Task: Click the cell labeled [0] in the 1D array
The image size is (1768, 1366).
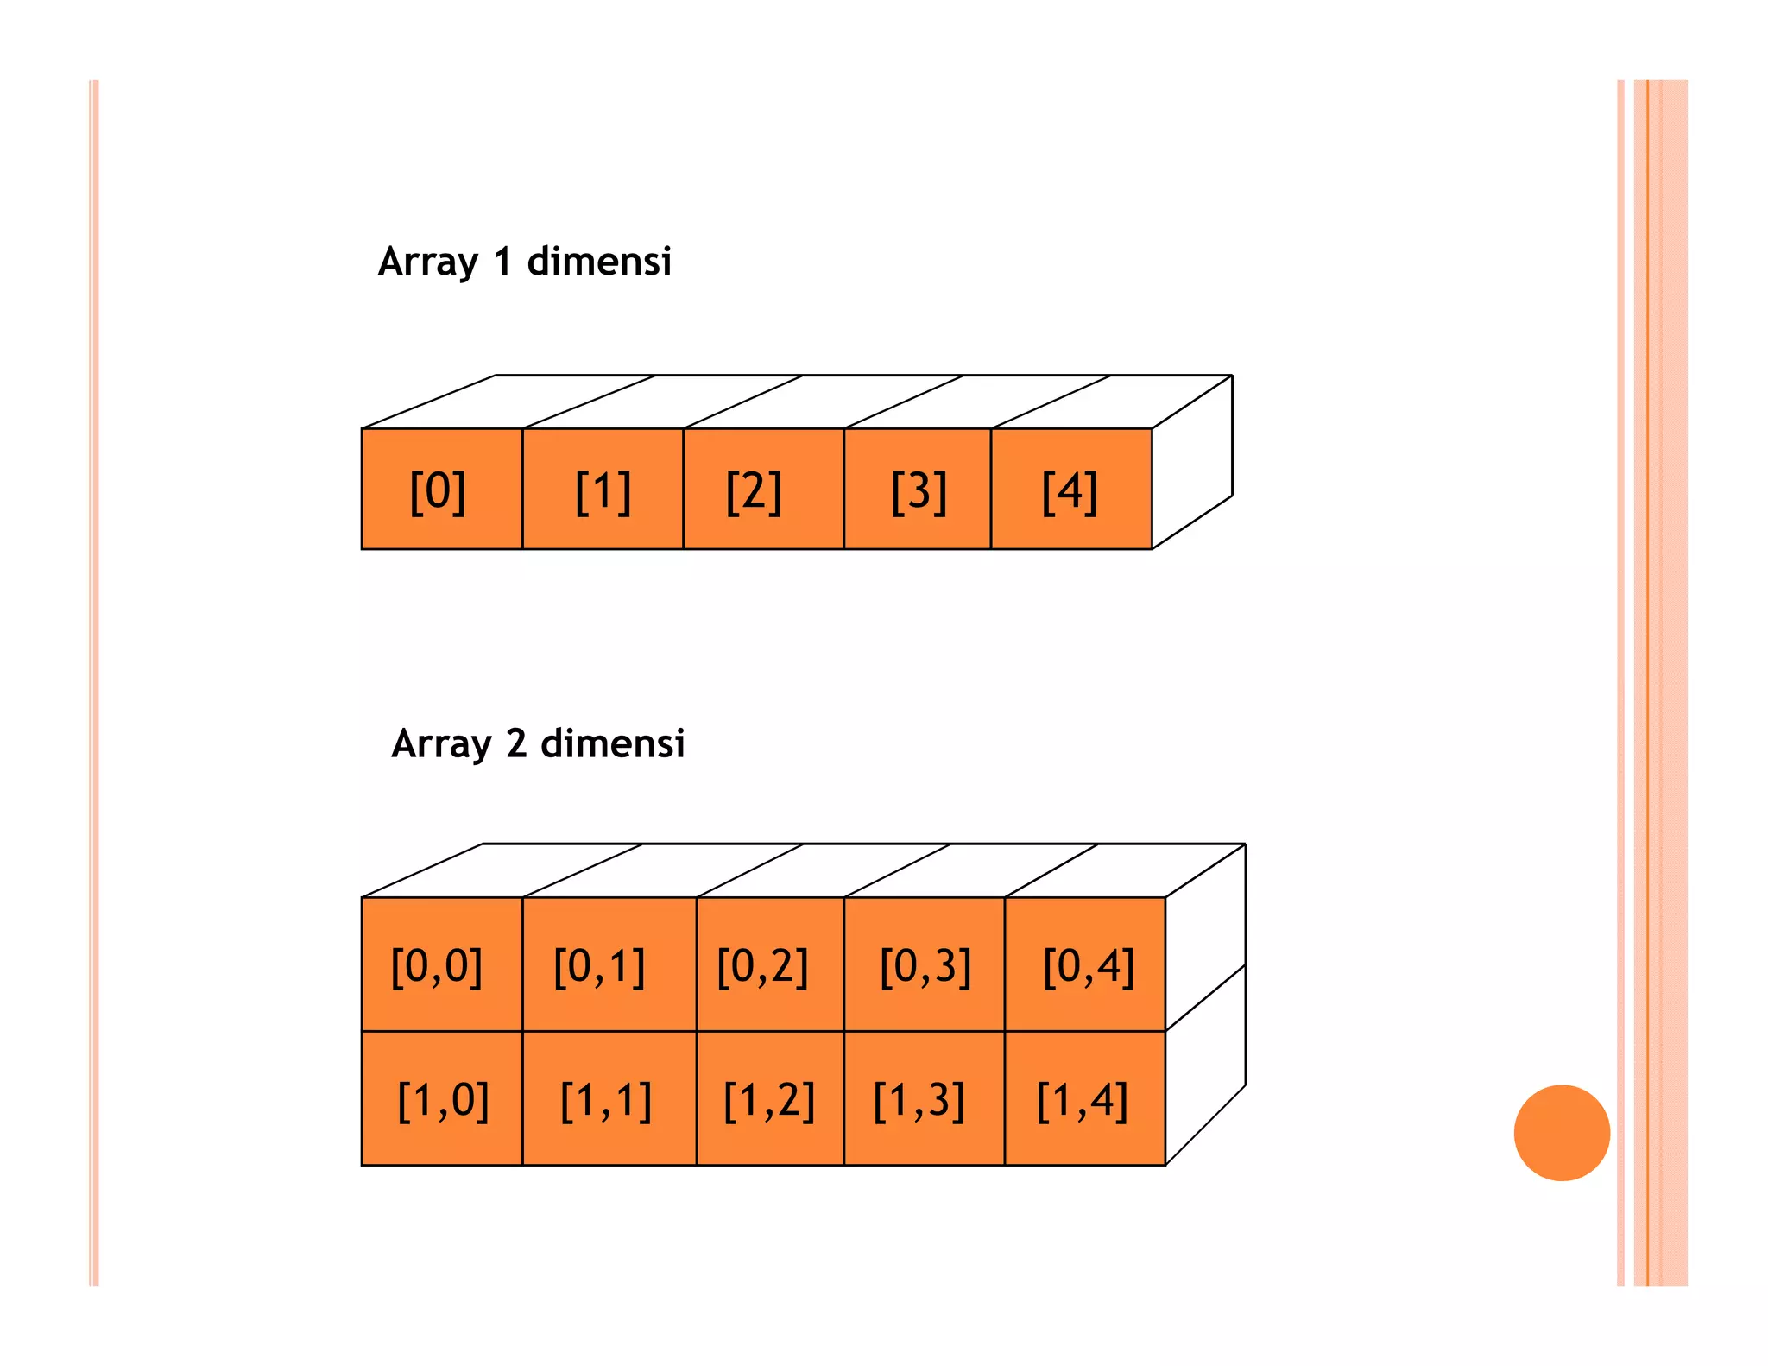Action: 441,489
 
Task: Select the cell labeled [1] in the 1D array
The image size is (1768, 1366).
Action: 603,489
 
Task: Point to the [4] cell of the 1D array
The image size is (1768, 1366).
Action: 1070,489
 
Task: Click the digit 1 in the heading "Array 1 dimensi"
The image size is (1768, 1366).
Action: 502,262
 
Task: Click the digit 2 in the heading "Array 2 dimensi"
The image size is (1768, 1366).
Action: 516,743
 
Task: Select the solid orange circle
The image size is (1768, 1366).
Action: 1561,1132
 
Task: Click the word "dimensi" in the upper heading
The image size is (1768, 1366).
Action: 598,261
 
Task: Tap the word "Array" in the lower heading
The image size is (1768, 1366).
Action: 441,744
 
